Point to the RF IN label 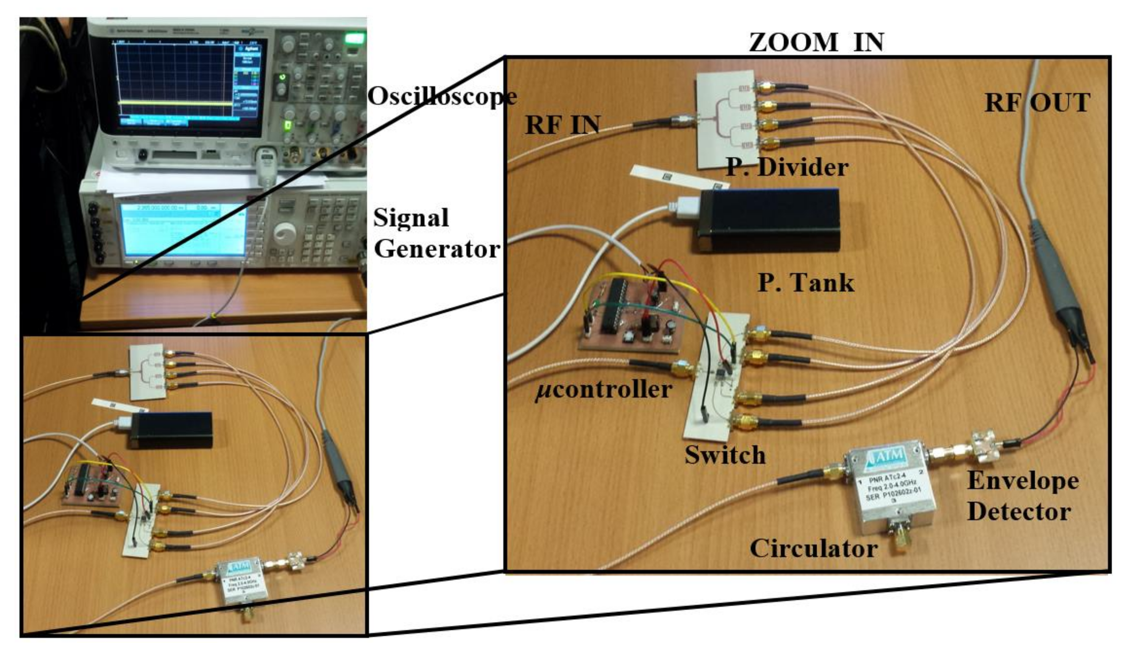click(562, 125)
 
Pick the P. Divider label click(787, 167)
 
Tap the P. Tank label click(805, 283)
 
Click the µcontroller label click(603, 389)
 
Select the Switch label click(725, 455)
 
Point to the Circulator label click(814, 549)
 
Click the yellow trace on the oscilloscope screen click(176, 103)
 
